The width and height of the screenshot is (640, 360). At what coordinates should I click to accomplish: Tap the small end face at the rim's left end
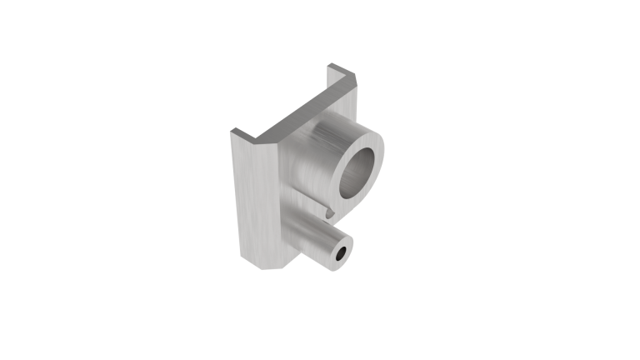[x=237, y=132]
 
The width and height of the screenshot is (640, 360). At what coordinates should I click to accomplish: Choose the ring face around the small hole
[x=343, y=250]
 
